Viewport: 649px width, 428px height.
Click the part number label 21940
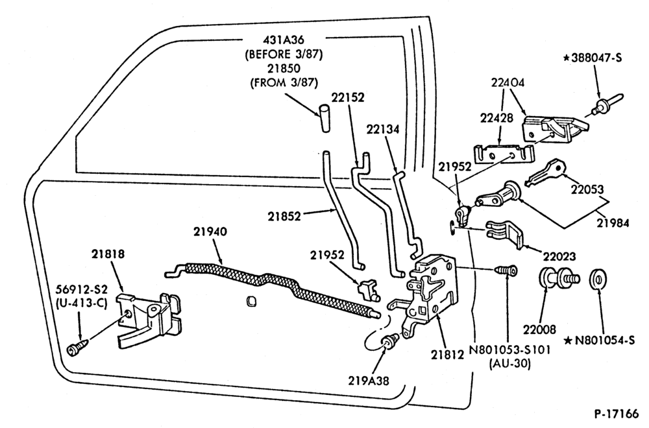pyautogui.click(x=210, y=232)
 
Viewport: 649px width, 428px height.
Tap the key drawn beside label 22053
pyautogui.click(x=545, y=173)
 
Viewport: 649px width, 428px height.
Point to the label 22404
pyautogui.click(x=508, y=82)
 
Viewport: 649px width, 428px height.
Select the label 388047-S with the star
pyautogui.click(x=593, y=58)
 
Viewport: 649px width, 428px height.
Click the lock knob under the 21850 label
pyautogui.click(x=324, y=118)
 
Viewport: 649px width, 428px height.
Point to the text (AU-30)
pyautogui.click(x=509, y=364)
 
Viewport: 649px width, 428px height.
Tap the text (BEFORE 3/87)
pyautogui.click(x=284, y=54)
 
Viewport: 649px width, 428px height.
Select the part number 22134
pyautogui.click(x=383, y=130)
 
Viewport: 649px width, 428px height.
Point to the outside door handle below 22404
pyautogui.click(x=555, y=128)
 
